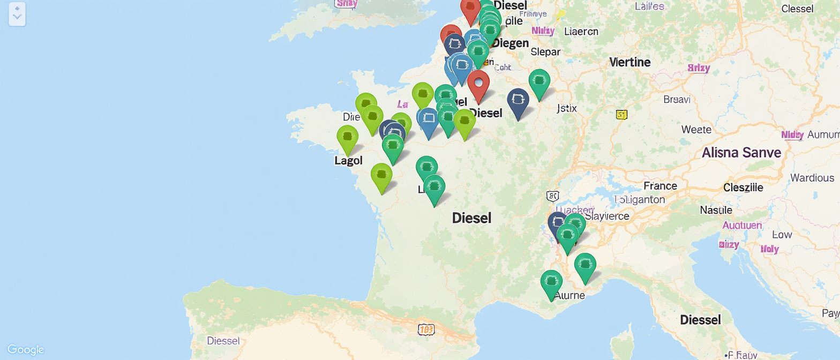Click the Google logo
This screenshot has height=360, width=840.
[26, 350]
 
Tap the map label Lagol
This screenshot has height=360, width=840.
[348, 160]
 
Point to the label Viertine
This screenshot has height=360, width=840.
[630, 62]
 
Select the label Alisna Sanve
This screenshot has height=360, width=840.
[741, 153]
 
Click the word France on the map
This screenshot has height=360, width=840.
[661, 186]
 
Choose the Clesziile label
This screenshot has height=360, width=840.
[743, 187]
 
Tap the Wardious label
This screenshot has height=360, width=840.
[813, 177]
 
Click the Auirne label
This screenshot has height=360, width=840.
[569, 295]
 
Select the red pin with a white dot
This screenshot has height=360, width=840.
[478, 84]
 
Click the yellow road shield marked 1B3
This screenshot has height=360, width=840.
[426, 329]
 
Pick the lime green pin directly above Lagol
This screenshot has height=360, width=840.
[348, 137]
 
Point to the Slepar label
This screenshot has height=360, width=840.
[545, 52]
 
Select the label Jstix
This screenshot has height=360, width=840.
[567, 108]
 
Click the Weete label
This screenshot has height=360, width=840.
[696, 129]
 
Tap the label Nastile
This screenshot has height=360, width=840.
[716, 210]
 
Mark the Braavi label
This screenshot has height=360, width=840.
[677, 99]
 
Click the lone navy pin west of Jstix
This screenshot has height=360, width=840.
[518, 101]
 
